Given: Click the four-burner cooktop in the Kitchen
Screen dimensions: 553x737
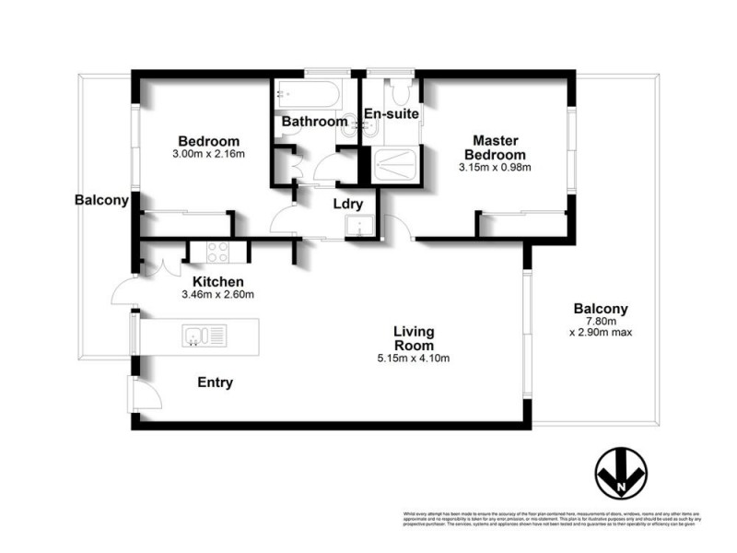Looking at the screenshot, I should coord(217,251).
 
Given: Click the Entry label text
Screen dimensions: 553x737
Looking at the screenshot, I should coord(214,382).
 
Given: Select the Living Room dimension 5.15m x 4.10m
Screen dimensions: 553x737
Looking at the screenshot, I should coord(414,359).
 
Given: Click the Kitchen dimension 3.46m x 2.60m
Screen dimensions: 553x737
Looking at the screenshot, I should coord(217,295).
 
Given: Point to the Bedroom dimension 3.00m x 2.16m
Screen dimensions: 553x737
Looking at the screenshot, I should coord(210,154).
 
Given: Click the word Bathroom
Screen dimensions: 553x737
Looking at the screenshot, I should coord(314,122).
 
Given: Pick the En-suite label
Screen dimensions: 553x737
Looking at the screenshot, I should coord(392,114).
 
